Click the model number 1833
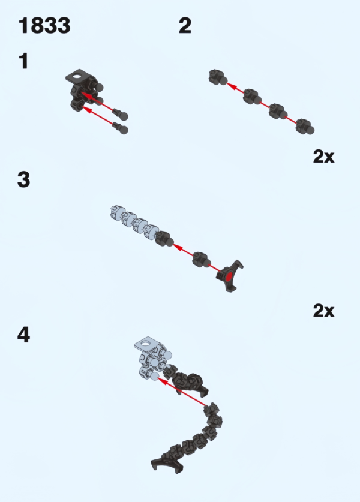(44, 26)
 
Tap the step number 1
(24, 61)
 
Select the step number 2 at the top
(185, 26)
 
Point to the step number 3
(24, 179)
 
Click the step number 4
(24, 335)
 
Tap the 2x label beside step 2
(323, 157)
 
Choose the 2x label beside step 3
(323, 311)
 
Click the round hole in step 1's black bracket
(77, 77)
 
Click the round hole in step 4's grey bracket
(146, 344)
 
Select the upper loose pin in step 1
(121, 114)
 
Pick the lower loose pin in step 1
(121, 128)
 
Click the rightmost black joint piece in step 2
(305, 127)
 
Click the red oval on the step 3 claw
(229, 277)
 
